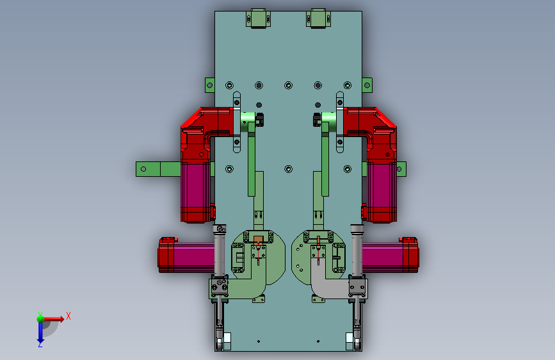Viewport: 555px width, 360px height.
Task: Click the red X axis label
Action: coord(68,316)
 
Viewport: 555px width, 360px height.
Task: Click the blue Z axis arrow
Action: coord(40,332)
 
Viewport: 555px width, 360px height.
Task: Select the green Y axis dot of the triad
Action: coord(40,318)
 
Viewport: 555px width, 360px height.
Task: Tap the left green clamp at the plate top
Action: coord(259,19)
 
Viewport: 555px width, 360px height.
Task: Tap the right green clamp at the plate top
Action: coord(318,19)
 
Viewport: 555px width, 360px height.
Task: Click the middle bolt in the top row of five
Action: coord(289,85)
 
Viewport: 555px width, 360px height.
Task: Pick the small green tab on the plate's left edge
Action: coord(210,85)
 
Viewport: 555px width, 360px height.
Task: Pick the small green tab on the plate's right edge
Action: coord(367,85)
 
